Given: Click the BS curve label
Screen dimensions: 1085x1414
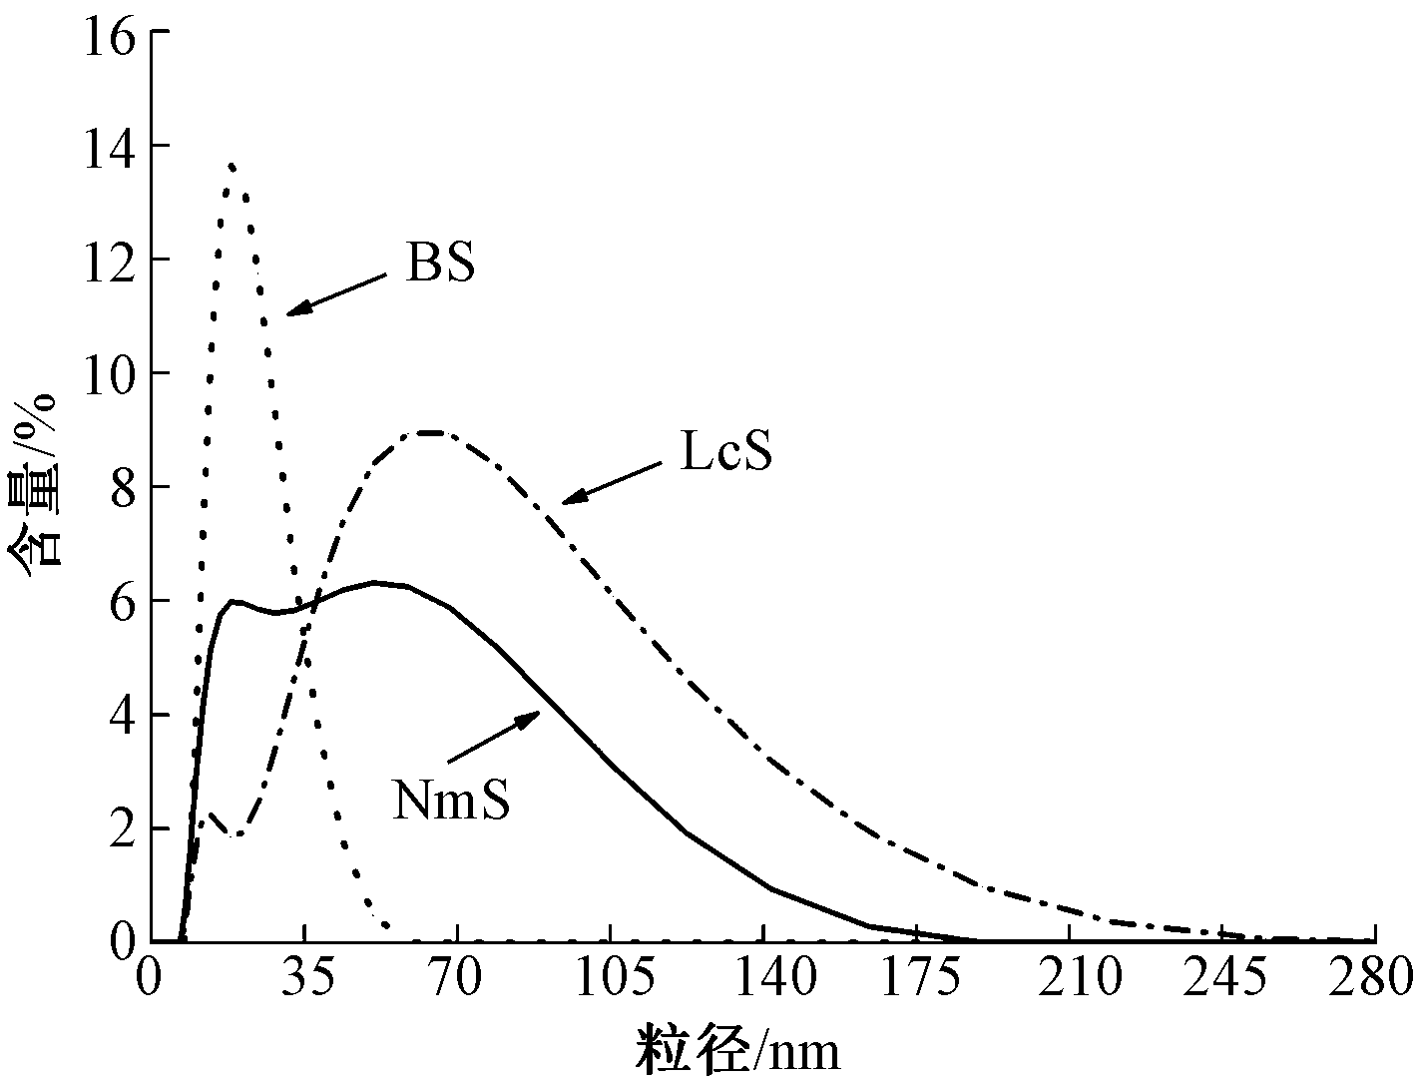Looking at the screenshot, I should click(x=440, y=264).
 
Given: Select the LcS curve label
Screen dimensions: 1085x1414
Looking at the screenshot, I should click(x=726, y=454).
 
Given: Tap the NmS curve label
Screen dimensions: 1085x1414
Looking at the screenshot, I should click(x=452, y=800).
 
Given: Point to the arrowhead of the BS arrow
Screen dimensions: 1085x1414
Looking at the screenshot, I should click(x=289, y=314).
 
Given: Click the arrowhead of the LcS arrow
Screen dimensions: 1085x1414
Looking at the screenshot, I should click(x=564, y=502).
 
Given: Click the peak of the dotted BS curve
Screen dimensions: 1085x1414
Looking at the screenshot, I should click(x=232, y=165).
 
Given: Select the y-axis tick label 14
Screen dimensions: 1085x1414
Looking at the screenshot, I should click(x=110, y=146).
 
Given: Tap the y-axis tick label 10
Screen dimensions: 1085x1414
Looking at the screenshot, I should click(x=110, y=373).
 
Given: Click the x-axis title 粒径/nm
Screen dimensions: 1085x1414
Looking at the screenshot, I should click(x=738, y=1050).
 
